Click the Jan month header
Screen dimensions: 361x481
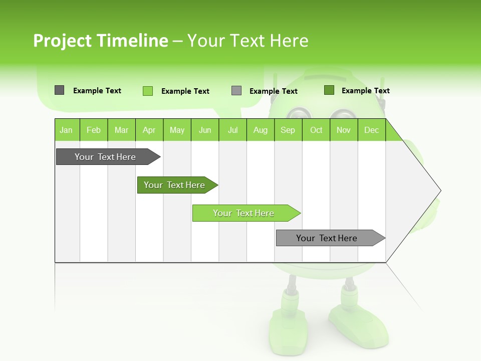66,130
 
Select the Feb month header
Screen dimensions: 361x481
94,130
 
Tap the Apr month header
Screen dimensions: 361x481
149,130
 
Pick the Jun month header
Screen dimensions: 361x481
205,130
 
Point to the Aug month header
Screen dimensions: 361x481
261,130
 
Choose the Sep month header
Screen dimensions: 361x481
288,130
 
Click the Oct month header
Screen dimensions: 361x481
316,130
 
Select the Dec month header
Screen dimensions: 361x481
372,130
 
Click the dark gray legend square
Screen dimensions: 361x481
59,90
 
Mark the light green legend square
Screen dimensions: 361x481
147,91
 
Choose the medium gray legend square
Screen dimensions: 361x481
236,91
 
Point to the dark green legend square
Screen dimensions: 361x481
329,90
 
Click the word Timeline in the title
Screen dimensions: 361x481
132,41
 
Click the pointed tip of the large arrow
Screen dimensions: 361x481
439,191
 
